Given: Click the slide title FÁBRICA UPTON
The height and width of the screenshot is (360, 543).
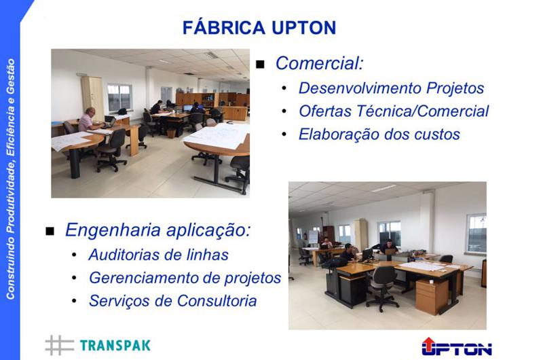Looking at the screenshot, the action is tap(259, 27).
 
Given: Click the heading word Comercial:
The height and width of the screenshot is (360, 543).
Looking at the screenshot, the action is tap(319, 63).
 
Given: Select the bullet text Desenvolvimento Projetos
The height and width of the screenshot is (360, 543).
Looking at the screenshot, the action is tap(391, 88).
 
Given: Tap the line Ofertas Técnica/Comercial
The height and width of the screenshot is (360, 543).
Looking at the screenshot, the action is tap(394, 111).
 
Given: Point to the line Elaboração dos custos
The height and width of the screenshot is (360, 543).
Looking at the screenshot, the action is tap(379, 134).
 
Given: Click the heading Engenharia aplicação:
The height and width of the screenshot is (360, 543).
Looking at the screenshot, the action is tap(157, 230).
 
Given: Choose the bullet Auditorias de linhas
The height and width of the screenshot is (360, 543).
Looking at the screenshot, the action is tap(158, 255).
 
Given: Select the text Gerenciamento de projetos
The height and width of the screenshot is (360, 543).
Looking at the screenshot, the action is tap(185, 278).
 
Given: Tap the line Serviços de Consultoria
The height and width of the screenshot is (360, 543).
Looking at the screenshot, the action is tap(172, 301).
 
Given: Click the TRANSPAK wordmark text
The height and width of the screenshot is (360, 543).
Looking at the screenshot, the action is tap(115, 346).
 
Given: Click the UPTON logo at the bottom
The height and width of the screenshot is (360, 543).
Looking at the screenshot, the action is tap(457, 346).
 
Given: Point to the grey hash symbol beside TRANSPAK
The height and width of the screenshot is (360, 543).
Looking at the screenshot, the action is tap(59, 345).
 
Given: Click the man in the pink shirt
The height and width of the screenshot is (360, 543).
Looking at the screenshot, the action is tap(88, 120).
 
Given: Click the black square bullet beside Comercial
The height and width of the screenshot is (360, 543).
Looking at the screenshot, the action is tap(260, 65).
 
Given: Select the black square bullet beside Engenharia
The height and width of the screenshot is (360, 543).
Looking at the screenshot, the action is tap(50, 231).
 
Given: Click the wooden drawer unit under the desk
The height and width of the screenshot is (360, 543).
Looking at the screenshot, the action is tap(432, 297).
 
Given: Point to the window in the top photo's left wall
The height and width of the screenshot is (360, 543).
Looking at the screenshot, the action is tap(119, 98).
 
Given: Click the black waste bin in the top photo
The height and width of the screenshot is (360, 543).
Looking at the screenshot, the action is tap(171, 133).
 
